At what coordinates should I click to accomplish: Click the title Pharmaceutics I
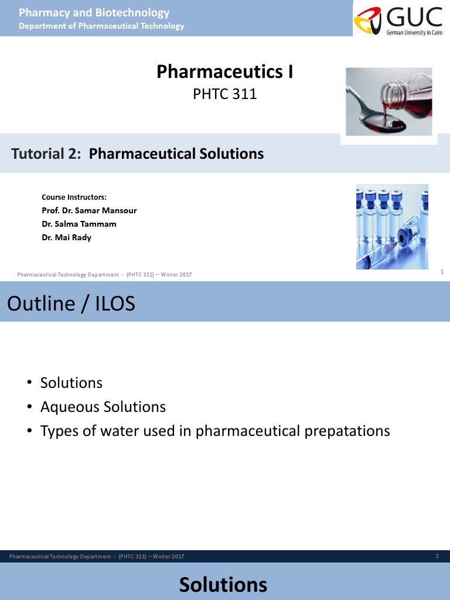pyautogui.click(x=224, y=72)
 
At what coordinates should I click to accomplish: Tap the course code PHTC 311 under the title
pyautogui.click(x=225, y=94)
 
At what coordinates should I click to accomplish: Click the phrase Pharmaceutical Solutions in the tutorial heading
pyautogui.click(x=176, y=154)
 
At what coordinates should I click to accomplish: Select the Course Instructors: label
pyautogui.click(x=74, y=197)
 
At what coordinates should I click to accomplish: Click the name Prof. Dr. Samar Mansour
pyautogui.click(x=89, y=210)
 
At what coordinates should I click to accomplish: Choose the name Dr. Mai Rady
pyautogui.click(x=66, y=237)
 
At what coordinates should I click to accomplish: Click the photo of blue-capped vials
pyautogui.click(x=392, y=227)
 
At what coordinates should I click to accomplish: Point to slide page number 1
pyautogui.click(x=441, y=272)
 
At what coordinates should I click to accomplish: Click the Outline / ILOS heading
pyautogui.click(x=71, y=304)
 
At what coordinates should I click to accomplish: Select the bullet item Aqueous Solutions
pyautogui.click(x=103, y=407)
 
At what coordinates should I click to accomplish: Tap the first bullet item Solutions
pyautogui.click(x=71, y=383)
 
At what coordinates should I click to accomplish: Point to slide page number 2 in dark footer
pyautogui.click(x=437, y=556)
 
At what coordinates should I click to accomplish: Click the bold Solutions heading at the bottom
pyautogui.click(x=223, y=585)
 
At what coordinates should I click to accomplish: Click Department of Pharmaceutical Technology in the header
pyautogui.click(x=101, y=26)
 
